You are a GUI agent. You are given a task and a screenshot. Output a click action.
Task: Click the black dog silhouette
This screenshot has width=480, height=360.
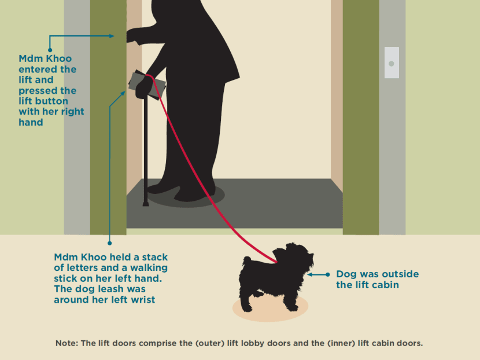pyautogui.click(x=275, y=277)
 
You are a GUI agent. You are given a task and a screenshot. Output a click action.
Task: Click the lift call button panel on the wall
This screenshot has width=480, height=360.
pyautogui.click(x=392, y=63)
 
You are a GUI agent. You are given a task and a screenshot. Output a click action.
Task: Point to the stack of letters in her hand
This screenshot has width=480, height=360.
pyautogui.click(x=147, y=85)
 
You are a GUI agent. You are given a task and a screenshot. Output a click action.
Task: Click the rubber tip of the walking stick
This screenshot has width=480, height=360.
pyautogui.click(x=146, y=204)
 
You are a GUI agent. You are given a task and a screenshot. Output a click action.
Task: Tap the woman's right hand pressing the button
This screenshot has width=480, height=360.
pyautogui.click(x=134, y=36)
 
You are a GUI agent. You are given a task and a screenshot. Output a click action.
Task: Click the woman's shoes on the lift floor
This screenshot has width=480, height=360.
pyautogui.click(x=181, y=193)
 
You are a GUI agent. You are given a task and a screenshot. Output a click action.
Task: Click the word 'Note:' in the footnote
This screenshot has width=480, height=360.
pyautogui.click(x=67, y=343)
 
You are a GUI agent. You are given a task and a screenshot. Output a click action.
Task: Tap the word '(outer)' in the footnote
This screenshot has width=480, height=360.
pyautogui.click(x=210, y=343)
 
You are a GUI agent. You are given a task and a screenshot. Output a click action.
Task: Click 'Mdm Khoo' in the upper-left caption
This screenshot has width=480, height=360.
pyautogui.click(x=45, y=58)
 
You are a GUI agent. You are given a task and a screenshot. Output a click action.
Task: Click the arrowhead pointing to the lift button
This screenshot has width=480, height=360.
pyautogui.click(x=111, y=36)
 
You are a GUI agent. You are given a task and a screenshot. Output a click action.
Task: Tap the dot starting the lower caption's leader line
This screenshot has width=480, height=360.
pyautogui.click(x=110, y=243)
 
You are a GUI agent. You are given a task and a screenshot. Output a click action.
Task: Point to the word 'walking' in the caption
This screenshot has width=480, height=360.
pyautogui.click(x=149, y=268)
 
